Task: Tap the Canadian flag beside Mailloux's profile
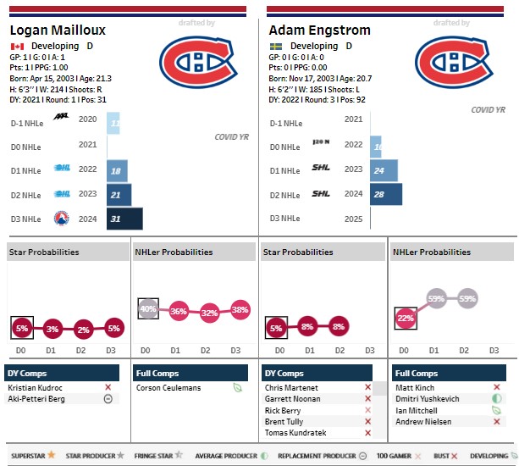17,46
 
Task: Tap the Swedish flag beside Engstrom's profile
276,46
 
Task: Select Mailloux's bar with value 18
117,170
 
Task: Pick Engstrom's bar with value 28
385,194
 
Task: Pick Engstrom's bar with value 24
384,170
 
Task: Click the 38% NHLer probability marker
240,309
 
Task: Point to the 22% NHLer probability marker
406,318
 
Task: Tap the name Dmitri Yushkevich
429,398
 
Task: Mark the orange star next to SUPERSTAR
52,455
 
